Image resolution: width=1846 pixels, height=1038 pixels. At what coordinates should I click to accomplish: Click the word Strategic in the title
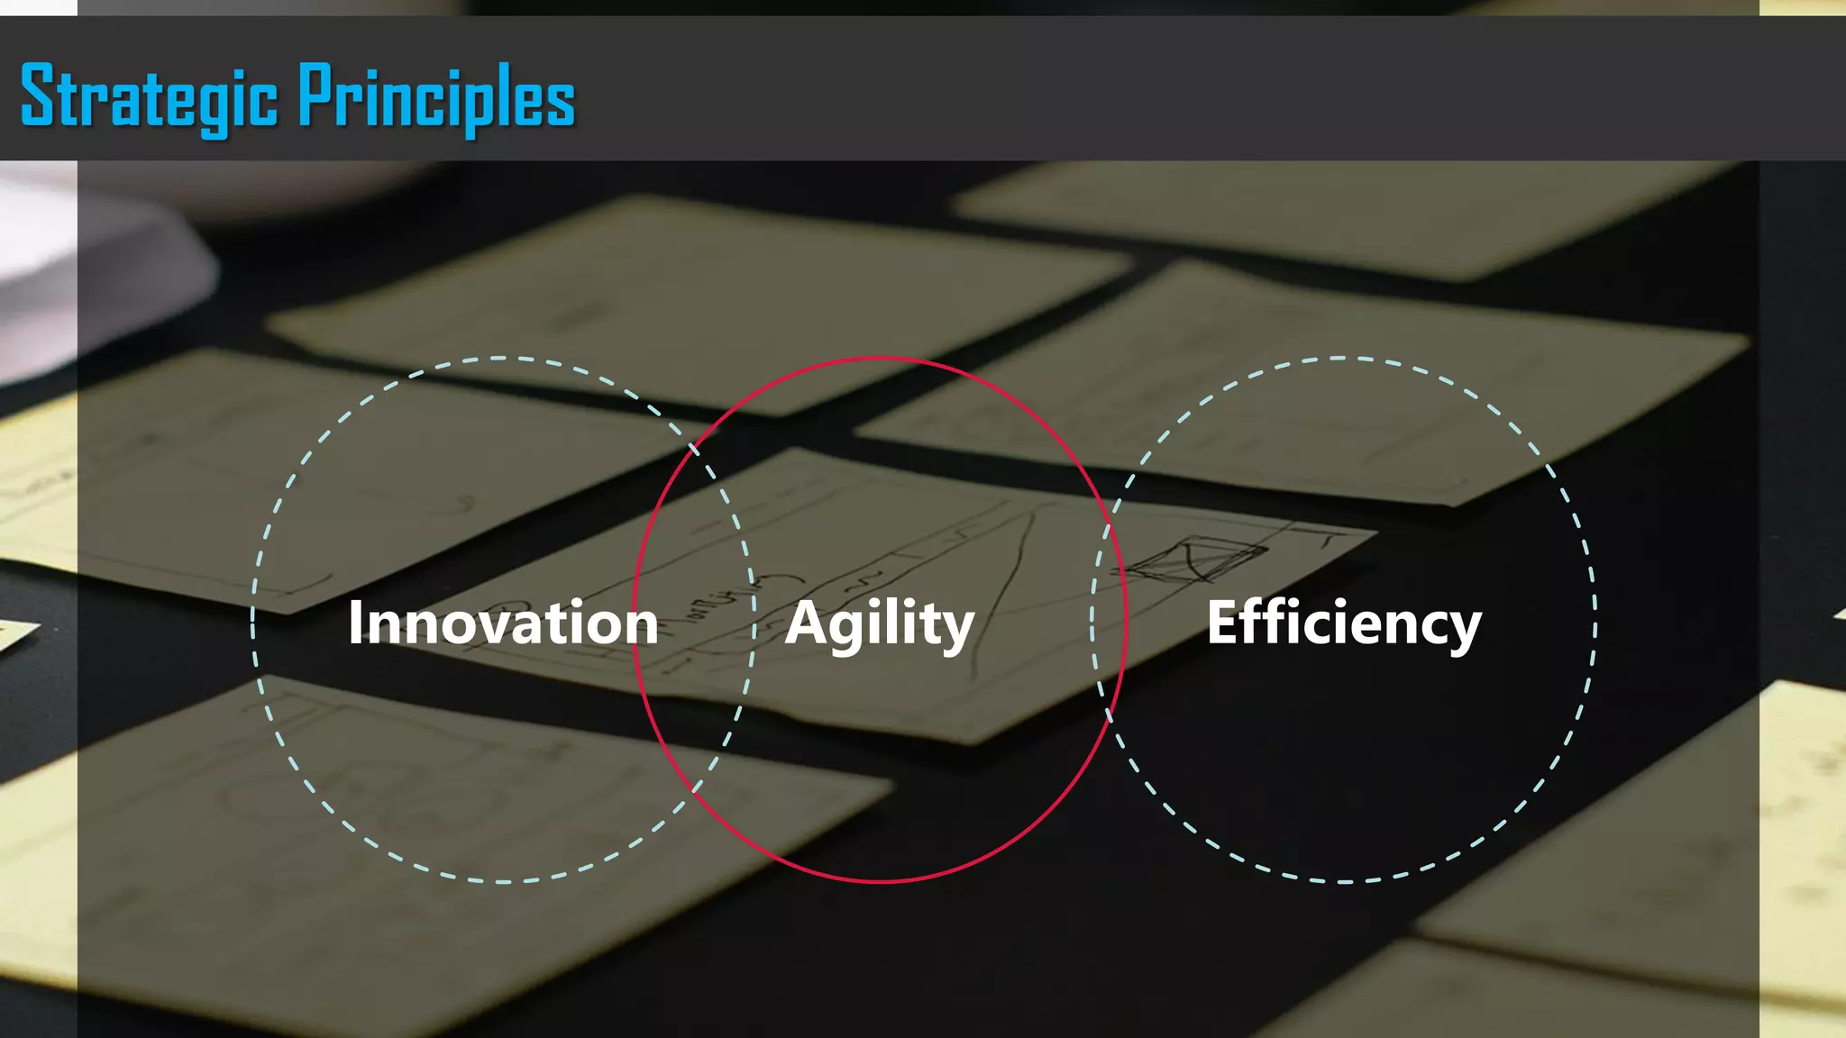(x=149, y=97)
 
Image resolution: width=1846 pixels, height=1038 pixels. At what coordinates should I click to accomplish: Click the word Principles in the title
(x=436, y=97)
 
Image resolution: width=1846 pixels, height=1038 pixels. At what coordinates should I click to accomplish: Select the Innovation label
(x=503, y=623)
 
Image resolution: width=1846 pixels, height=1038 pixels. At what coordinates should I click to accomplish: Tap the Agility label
(x=880, y=624)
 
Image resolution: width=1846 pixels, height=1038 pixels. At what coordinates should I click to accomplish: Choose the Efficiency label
(x=1344, y=624)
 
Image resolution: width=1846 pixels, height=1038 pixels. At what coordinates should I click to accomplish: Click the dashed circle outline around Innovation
(x=253, y=622)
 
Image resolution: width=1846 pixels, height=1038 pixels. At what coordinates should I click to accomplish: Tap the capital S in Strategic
(x=39, y=95)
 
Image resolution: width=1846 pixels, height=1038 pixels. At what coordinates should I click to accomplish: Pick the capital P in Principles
(x=315, y=95)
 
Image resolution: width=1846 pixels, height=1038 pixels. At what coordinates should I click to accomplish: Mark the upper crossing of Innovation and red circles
(x=695, y=446)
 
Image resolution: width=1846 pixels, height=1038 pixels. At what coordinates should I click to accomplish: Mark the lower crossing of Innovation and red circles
(x=695, y=793)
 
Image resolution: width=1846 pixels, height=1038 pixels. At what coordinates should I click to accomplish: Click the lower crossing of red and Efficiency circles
(x=1108, y=712)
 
